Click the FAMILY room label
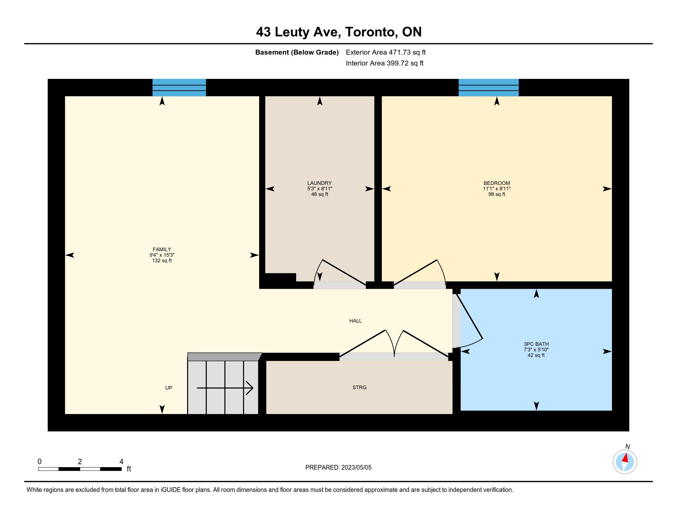(162, 249)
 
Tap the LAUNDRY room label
(320, 183)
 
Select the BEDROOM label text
(497, 183)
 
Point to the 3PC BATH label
(536, 344)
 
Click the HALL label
(355, 321)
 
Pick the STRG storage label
(359, 387)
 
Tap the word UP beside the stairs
(169, 388)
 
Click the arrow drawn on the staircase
(225, 388)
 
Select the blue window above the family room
(179, 88)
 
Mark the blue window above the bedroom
(489, 88)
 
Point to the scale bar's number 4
(122, 462)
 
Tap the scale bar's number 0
(39, 462)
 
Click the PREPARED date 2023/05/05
(356, 468)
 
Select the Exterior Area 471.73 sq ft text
(386, 52)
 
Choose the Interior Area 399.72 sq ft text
(385, 63)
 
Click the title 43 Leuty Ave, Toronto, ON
(339, 32)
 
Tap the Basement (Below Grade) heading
(297, 52)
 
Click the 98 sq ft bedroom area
(497, 194)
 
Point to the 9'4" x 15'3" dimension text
(162, 255)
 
